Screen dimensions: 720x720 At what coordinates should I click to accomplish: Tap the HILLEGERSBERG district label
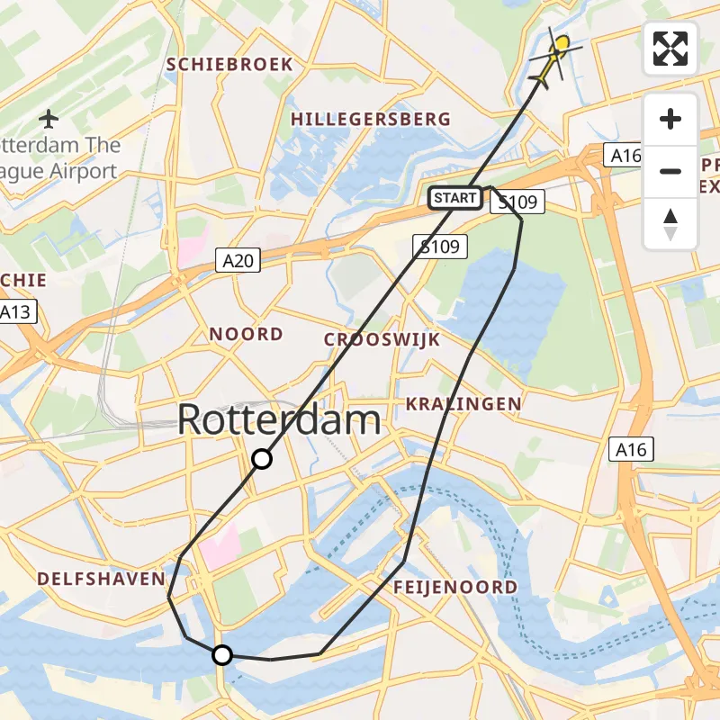371,119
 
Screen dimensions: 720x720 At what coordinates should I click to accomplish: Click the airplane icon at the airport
49,118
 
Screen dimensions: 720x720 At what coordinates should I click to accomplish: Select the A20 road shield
238,261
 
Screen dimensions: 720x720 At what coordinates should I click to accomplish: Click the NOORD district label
246,334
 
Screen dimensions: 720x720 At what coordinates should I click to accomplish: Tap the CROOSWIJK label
382,339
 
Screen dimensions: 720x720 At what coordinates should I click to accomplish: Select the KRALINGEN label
463,403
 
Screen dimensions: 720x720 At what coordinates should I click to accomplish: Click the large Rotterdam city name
279,420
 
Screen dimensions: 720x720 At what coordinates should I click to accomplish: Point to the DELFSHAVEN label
101,578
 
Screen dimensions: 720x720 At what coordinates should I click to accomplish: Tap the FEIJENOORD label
455,588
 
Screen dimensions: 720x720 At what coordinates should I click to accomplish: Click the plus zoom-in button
670,119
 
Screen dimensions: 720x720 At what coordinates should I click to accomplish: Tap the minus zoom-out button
670,171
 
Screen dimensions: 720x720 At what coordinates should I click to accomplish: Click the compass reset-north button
670,223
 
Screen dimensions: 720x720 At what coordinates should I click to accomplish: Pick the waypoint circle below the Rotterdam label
261,459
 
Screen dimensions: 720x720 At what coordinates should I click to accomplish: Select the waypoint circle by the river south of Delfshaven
221,655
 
